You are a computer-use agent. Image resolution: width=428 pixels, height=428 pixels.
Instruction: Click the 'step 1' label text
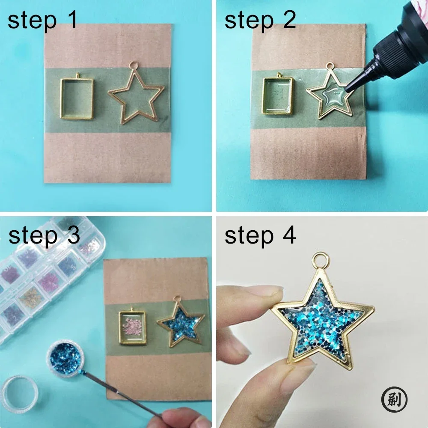click(x=43, y=21)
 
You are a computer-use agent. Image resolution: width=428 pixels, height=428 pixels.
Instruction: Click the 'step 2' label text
click(x=260, y=21)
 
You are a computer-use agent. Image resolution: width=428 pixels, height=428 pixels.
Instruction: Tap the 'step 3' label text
click(x=44, y=235)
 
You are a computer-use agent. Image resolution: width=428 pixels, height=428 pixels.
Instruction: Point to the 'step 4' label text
click(x=260, y=235)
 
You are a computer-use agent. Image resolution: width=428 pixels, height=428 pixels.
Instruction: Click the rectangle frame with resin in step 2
click(x=278, y=96)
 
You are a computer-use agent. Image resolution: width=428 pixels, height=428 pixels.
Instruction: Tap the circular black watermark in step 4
click(x=394, y=400)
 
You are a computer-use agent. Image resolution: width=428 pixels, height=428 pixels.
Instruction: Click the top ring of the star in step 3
click(x=178, y=300)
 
